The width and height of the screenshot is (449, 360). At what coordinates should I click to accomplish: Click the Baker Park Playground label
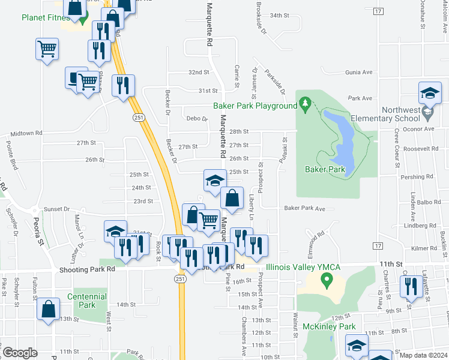[255, 106]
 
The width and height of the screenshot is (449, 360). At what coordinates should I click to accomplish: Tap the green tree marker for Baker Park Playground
[305, 106]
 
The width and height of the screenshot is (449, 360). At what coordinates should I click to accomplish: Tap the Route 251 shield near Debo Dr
[139, 118]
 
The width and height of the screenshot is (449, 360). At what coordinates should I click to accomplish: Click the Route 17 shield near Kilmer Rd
[377, 246]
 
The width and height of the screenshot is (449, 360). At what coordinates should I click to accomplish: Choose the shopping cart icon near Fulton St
[47, 49]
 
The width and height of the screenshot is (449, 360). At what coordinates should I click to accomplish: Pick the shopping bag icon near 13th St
[49, 309]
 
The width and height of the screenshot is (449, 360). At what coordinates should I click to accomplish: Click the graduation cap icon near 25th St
[214, 180]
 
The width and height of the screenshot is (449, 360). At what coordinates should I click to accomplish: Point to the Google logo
[20, 353]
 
